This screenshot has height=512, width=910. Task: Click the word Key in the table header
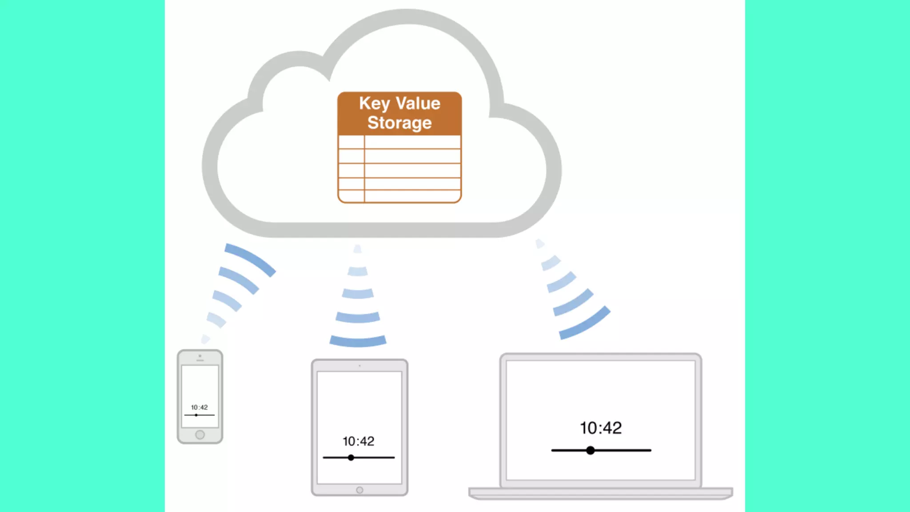pos(375,104)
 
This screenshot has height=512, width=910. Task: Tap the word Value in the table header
pos(418,104)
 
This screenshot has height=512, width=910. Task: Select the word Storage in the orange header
pos(399,123)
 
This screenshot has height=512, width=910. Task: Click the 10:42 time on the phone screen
pos(199,407)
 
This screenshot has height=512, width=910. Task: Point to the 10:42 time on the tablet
pos(358,441)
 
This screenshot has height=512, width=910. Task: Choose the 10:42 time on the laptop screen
pos(601,428)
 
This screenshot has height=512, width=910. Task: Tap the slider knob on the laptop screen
pos(590,450)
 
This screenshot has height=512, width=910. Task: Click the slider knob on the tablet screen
pos(351,457)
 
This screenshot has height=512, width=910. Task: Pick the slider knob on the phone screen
pos(196,415)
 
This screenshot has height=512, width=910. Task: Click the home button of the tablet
pos(359,490)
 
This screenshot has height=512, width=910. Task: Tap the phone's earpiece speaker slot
pos(200,360)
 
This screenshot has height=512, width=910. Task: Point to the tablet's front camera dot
pos(359,366)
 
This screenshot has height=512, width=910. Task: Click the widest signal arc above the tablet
pos(358,341)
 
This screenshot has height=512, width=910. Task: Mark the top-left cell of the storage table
pos(351,142)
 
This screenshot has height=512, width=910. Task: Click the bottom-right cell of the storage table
pos(412,196)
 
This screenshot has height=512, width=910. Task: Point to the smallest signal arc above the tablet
pos(357,249)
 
